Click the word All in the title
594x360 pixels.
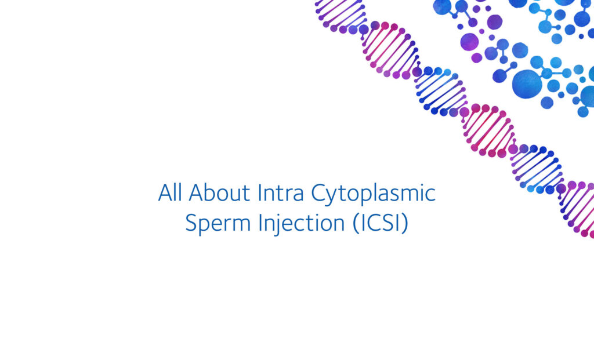(x=169, y=193)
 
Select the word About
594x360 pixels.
(x=215, y=193)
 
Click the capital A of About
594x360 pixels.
(x=196, y=193)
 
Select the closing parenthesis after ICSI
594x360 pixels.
(x=405, y=225)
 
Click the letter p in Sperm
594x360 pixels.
(x=202, y=227)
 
